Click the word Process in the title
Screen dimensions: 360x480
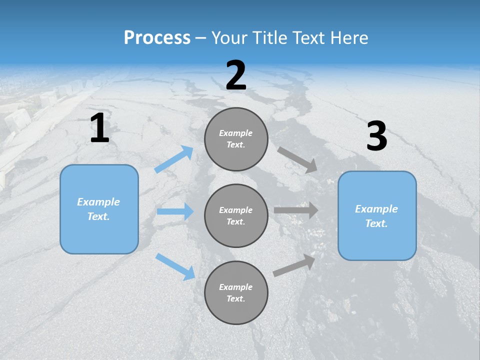point(157,38)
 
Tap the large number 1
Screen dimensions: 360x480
point(99,128)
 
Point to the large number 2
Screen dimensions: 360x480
point(236,75)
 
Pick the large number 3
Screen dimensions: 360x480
point(376,136)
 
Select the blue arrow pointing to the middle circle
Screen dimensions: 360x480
point(175,211)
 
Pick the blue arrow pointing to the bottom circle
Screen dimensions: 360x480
point(175,266)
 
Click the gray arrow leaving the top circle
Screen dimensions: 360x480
point(297,160)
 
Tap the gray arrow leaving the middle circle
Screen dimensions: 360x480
point(296,210)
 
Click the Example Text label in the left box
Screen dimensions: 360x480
point(98,209)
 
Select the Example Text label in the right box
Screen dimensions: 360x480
point(376,216)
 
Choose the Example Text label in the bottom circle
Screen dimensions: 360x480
point(236,292)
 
